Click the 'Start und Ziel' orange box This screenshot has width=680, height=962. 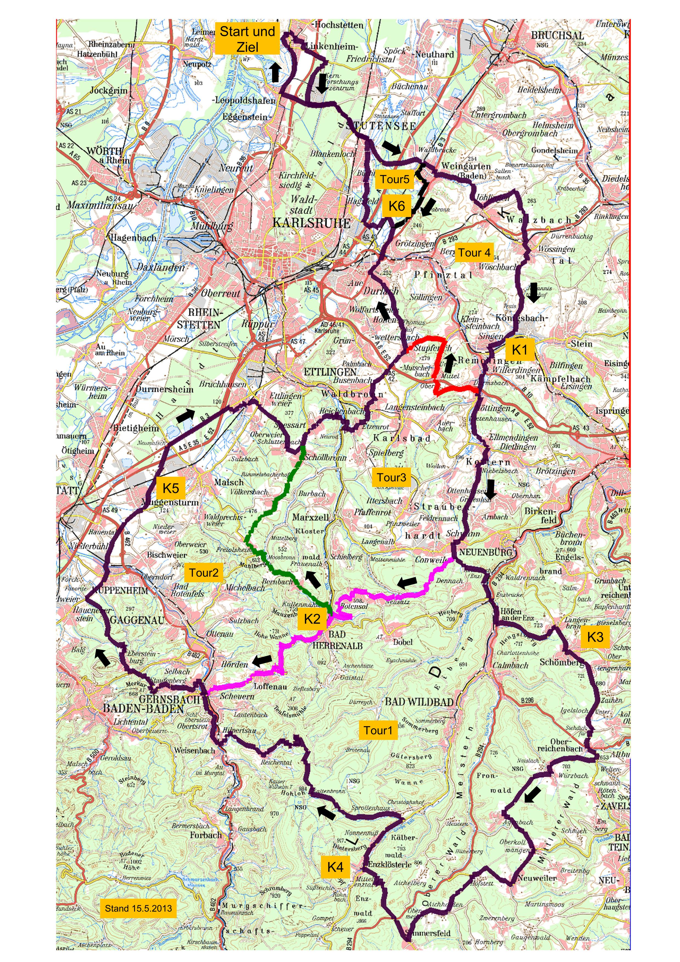click(x=247, y=39)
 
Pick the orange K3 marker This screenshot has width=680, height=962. click(x=595, y=637)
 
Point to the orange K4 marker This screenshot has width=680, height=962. click(x=335, y=867)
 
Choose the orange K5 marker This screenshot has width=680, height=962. click(x=171, y=488)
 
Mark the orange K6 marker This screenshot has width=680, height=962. click(x=396, y=206)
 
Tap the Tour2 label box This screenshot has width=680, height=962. click(x=204, y=572)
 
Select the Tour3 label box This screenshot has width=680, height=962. click(x=391, y=477)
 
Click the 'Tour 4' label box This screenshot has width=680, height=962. click(x=474, y=253)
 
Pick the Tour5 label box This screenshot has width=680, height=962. click(x=394, y=179)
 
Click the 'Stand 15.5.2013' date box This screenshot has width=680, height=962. click(x=138, y=908)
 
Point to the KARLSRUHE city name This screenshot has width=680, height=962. click(x=311, y=223)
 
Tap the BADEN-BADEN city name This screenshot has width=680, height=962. click(x=143, y=709)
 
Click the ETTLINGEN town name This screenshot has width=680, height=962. click(x=330, y=372)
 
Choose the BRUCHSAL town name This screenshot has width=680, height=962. click(x=557, y=35)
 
